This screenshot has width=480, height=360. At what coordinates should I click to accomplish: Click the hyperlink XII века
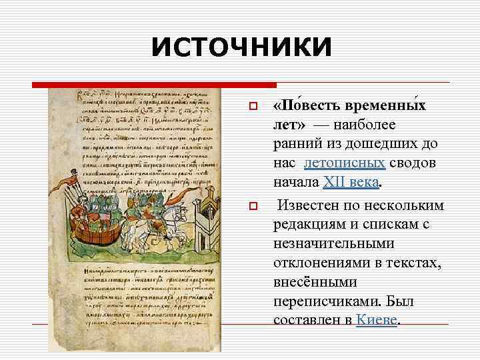pos(351,181)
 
